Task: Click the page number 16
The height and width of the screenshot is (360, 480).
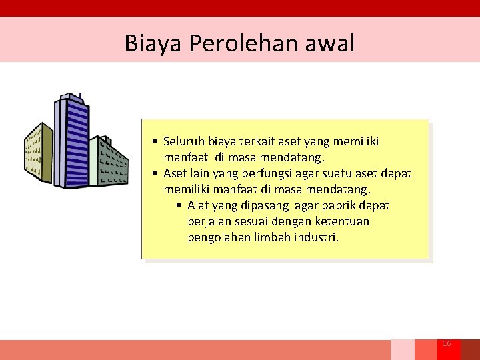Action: click(447, 343)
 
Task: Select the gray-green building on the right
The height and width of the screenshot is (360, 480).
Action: click(110, 161)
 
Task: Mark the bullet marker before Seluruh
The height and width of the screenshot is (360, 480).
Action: click(155, 141)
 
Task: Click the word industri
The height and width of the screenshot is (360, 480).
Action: click(317, 237)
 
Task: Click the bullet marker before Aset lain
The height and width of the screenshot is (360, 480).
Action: click(155, 173)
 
